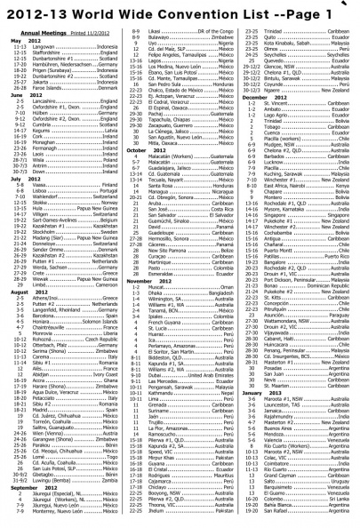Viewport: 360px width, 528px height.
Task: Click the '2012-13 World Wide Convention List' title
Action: pos(159,12)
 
